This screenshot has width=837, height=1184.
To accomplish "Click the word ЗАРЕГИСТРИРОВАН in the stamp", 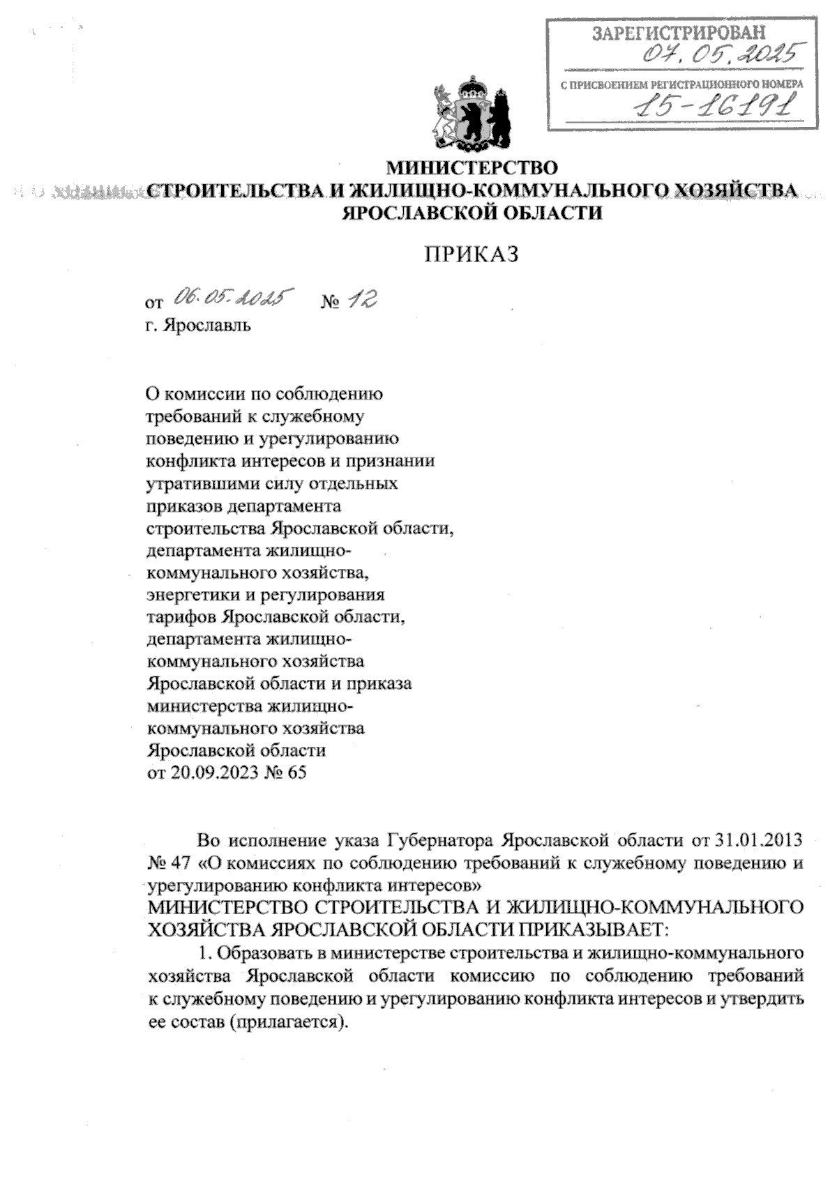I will coord(678,33).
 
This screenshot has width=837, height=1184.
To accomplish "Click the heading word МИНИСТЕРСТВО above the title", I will coord(472,168).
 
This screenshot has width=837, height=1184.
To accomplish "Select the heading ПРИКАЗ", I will coord(472,255).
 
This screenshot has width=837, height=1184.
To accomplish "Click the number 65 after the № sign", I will coord(296,773).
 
